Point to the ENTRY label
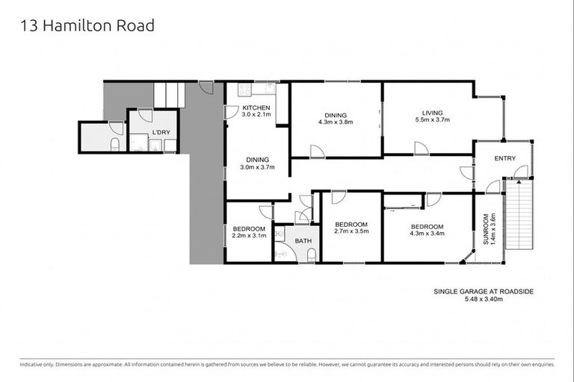click(x=504, y=157)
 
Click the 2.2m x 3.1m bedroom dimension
click(x=249, y=237)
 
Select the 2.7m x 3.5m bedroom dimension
click(x=351, y=232)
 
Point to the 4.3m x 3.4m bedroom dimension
click(x=425, y=234)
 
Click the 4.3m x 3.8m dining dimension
click(x=335, y=122)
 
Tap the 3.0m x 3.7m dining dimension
click(x=257, y=167)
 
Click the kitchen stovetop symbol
click(x=244, y=90)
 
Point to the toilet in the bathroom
click(x=312, y=254)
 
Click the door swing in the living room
click(x=421, y=148)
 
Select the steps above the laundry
click(x=170, y=95)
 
